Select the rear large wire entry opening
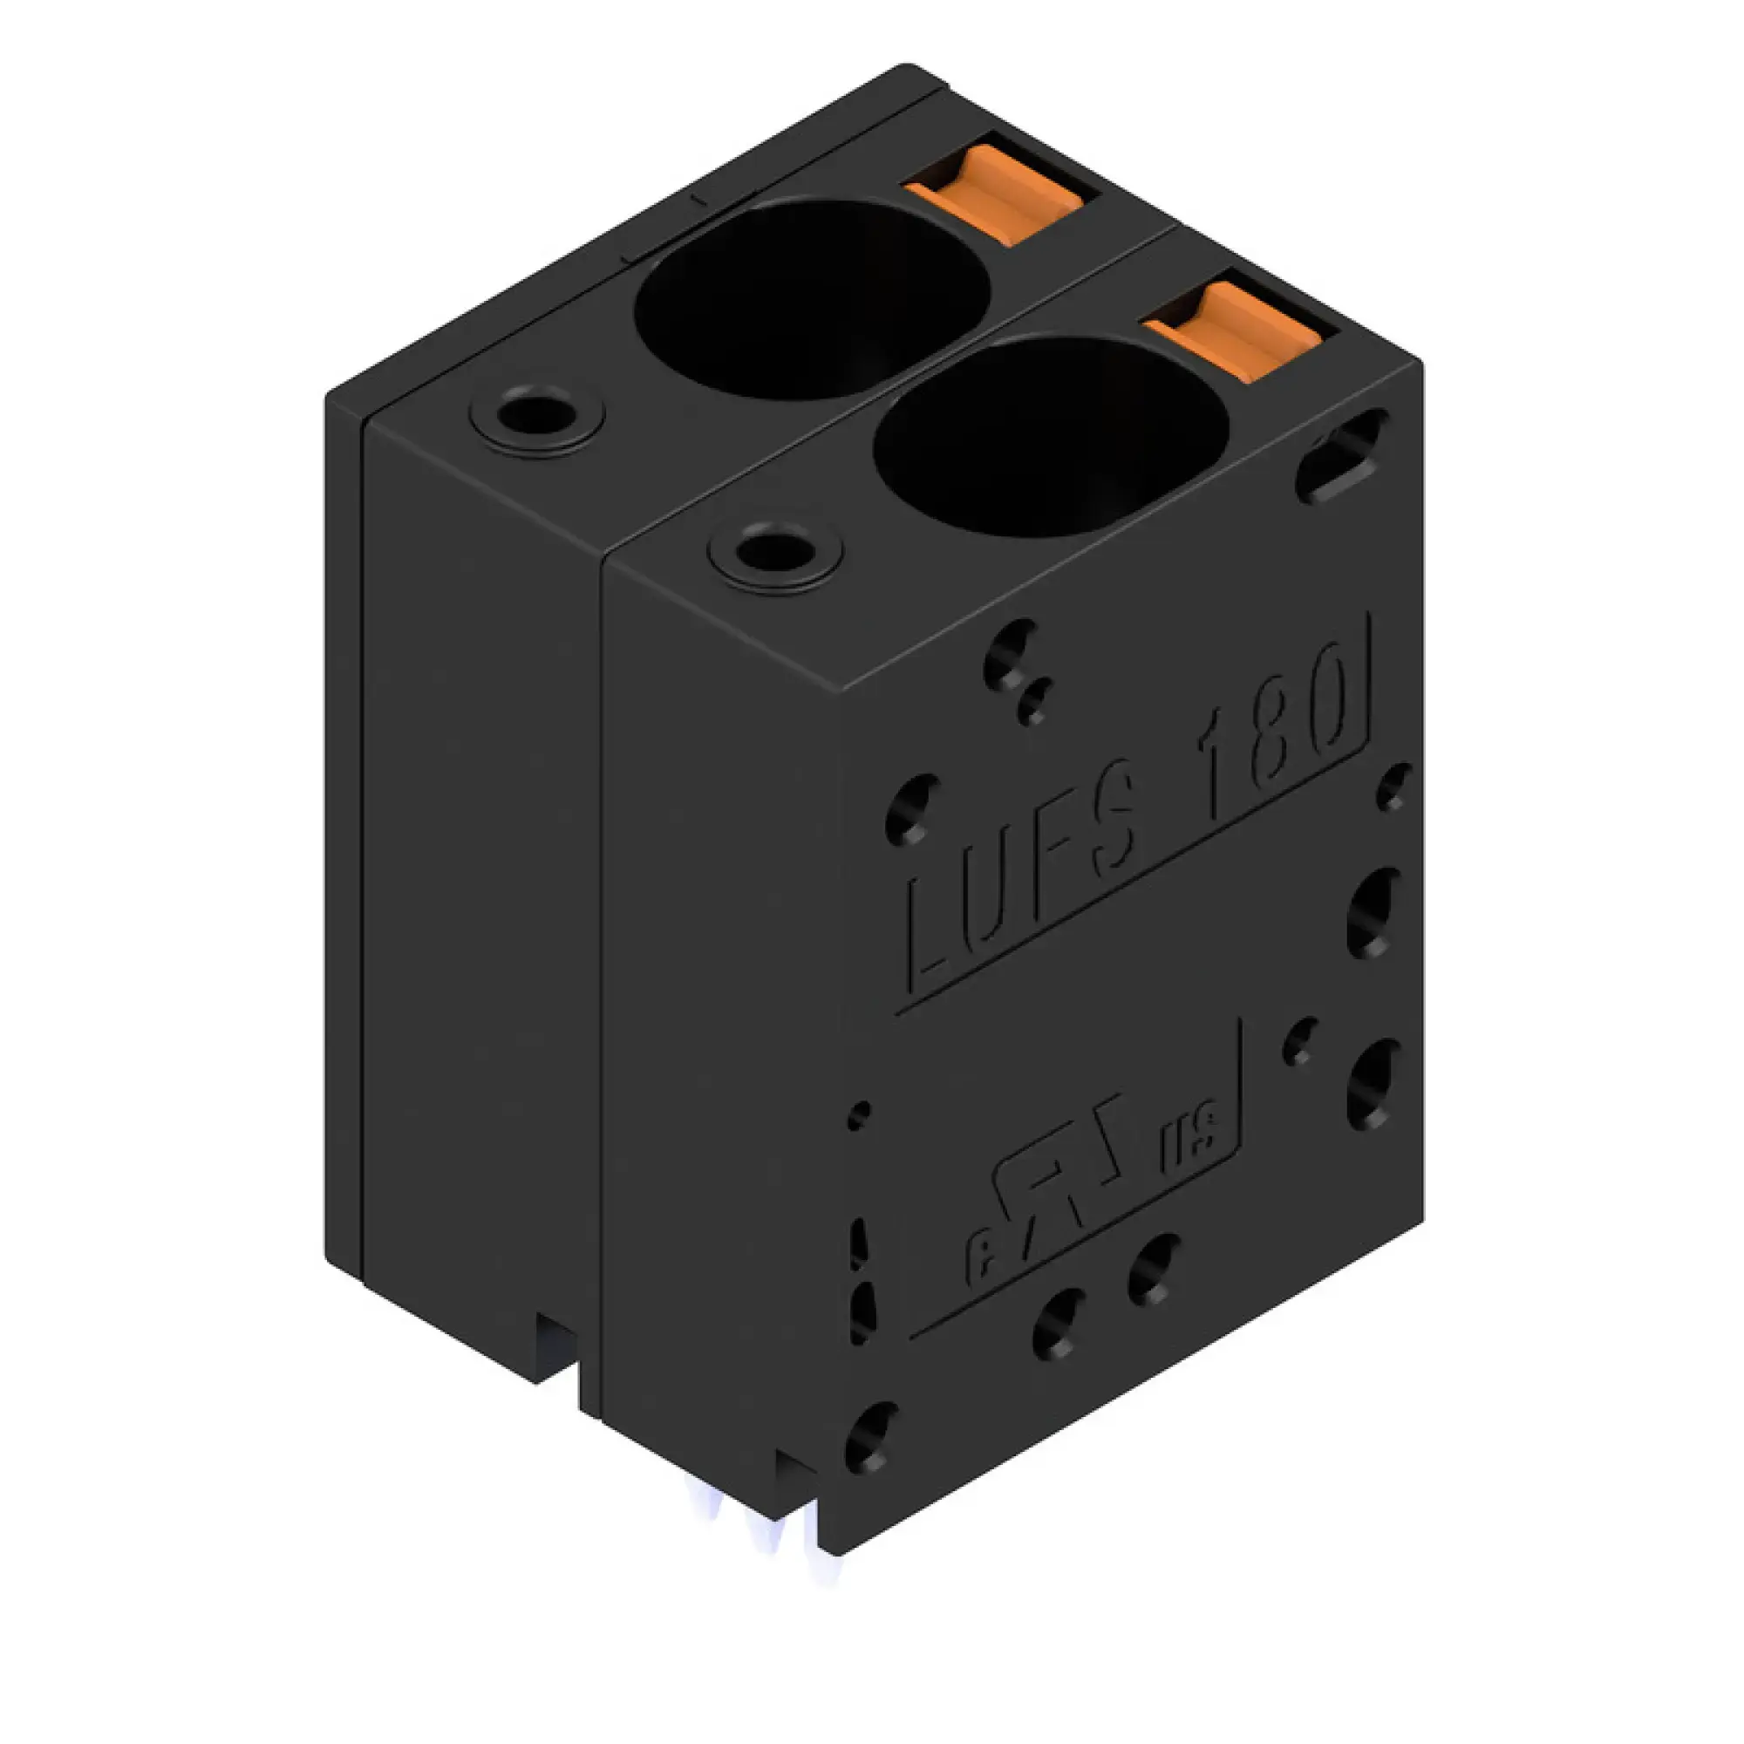[x=812, y=298]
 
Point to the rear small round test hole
[x=536, y=419]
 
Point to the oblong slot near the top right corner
[x=1341, y=455]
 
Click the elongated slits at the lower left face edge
[x=861, y=1282]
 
